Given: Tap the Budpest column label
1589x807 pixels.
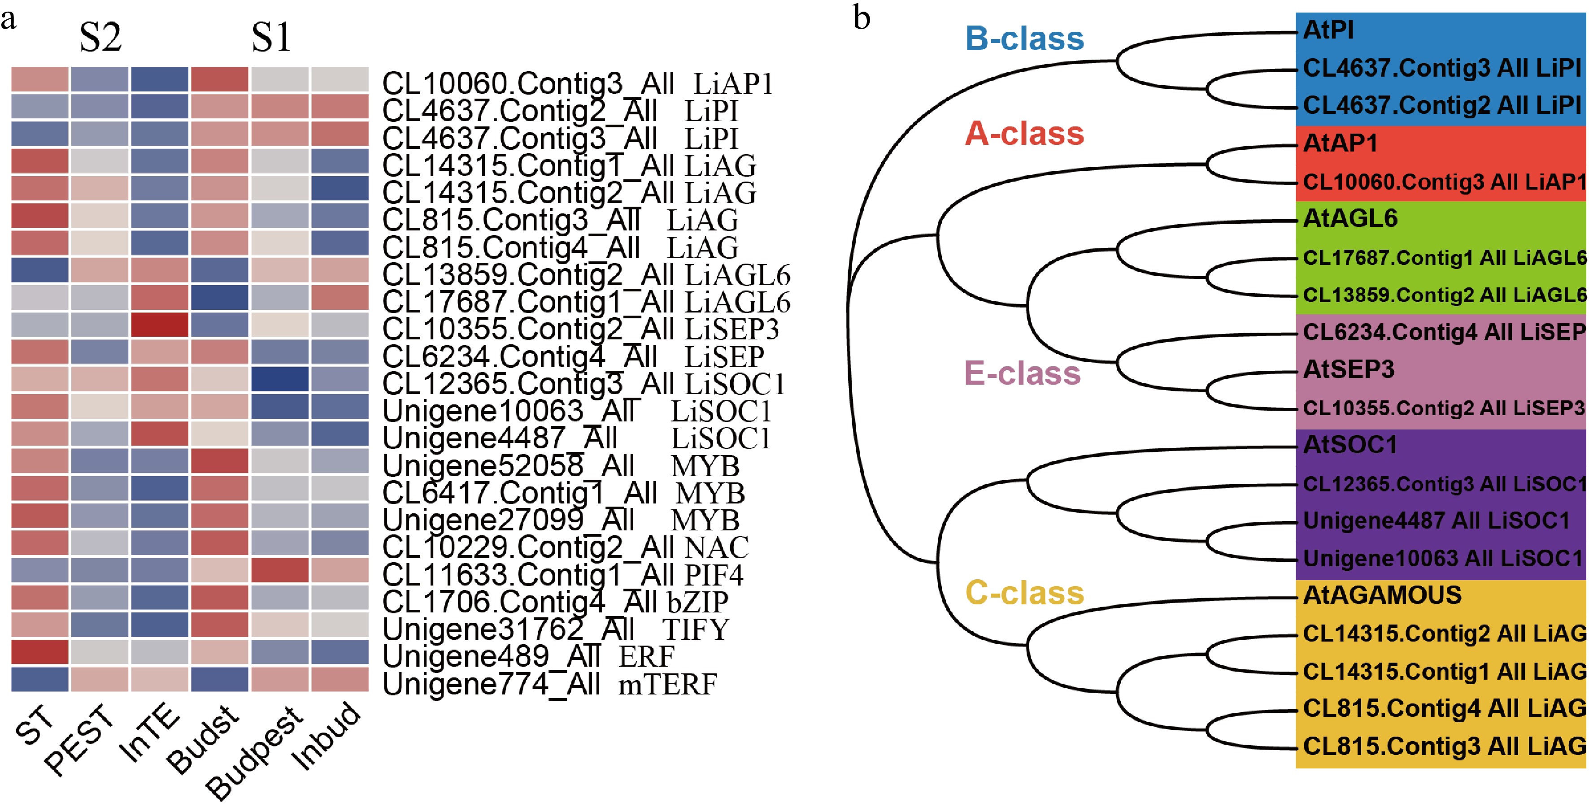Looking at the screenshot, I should [254, 753].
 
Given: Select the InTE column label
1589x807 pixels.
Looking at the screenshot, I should [150, 733].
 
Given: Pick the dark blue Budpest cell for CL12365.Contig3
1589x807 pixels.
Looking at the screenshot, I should [279, 379].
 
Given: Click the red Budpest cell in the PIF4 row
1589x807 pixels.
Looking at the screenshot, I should [279, 570].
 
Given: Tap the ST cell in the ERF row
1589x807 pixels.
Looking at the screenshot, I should [39, 651].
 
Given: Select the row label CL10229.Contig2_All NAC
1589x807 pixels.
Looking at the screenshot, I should [564, 547].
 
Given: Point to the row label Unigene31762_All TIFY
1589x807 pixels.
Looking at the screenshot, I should [555, 629].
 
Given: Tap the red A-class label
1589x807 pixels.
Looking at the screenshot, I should [1024, 133].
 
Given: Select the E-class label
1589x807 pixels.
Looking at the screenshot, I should [1022, 373].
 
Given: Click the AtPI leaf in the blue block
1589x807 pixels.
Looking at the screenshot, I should [1328, 30].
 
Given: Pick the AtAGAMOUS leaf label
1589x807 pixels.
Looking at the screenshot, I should [1382, 595].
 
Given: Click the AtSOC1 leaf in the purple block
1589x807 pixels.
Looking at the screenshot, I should [1350, 444].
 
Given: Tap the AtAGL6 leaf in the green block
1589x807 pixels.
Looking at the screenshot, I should [1350, 218].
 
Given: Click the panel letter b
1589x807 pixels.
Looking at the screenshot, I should [861, 18].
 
